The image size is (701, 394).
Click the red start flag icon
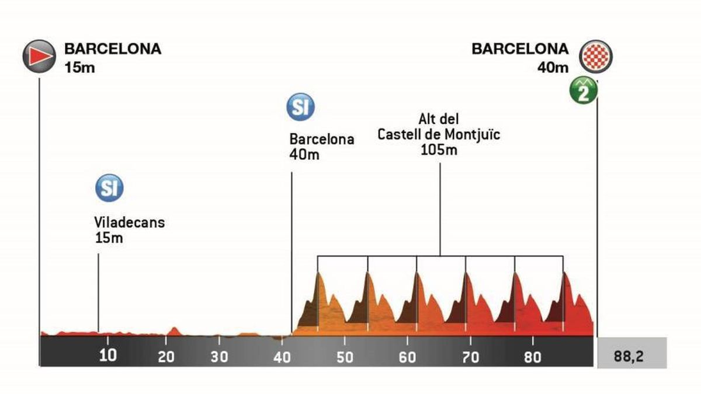[x=40, y=56]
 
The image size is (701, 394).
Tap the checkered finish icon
[x=595, y=57]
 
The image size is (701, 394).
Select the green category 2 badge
[x=584, y=92]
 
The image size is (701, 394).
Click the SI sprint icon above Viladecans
[x=109, y=187]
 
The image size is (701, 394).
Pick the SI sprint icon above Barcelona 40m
[x=300, y=107]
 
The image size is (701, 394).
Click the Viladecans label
[x=129, y=222]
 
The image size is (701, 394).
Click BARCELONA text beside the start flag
[x=113, y=48]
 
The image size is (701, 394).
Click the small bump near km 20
[x=173, y=331]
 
